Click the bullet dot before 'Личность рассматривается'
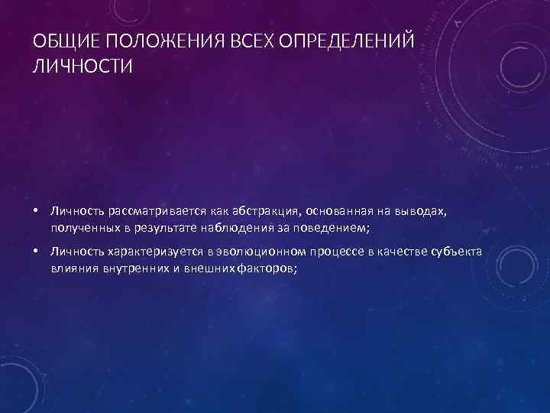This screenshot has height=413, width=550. tap(36, 210)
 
